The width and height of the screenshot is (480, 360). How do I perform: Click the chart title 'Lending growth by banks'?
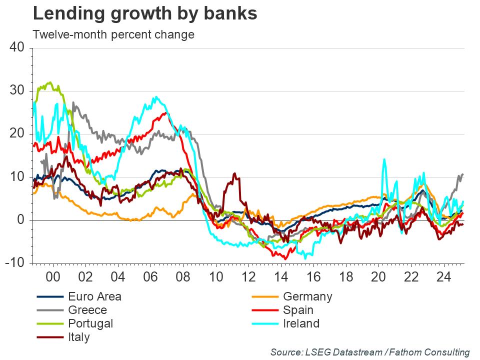tap(145, 14)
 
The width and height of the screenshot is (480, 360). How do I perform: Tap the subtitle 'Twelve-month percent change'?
tap(113, 35)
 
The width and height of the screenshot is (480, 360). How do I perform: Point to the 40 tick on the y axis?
tap(17, 47)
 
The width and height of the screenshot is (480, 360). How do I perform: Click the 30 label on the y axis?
tap(17, 91)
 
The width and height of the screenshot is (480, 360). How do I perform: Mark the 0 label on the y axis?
tap(21, 220)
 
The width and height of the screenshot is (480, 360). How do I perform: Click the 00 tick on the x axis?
tap(52, 276)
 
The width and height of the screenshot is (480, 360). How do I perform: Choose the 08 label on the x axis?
tap(183, 276)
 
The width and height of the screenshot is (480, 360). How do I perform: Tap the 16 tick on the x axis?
tap(313, 276)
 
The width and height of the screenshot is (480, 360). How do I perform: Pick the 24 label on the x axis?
tap(444, 276)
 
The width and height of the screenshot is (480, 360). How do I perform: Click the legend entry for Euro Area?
tap(94, 296)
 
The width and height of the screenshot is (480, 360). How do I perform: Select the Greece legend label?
tap(87, 310)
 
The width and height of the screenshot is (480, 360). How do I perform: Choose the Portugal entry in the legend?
tap(90, 323)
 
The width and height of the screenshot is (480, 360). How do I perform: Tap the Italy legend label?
tap(79, 337)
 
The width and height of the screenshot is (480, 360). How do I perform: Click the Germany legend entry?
tap(307, 296)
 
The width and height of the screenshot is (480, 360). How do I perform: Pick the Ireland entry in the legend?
tap(301, 323)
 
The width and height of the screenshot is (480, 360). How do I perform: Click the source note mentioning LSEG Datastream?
tap(370, 352)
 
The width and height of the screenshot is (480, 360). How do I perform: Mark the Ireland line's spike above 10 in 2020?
tap(384, 159)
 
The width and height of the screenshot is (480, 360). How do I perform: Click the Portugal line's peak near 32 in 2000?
tap(49, 82)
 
